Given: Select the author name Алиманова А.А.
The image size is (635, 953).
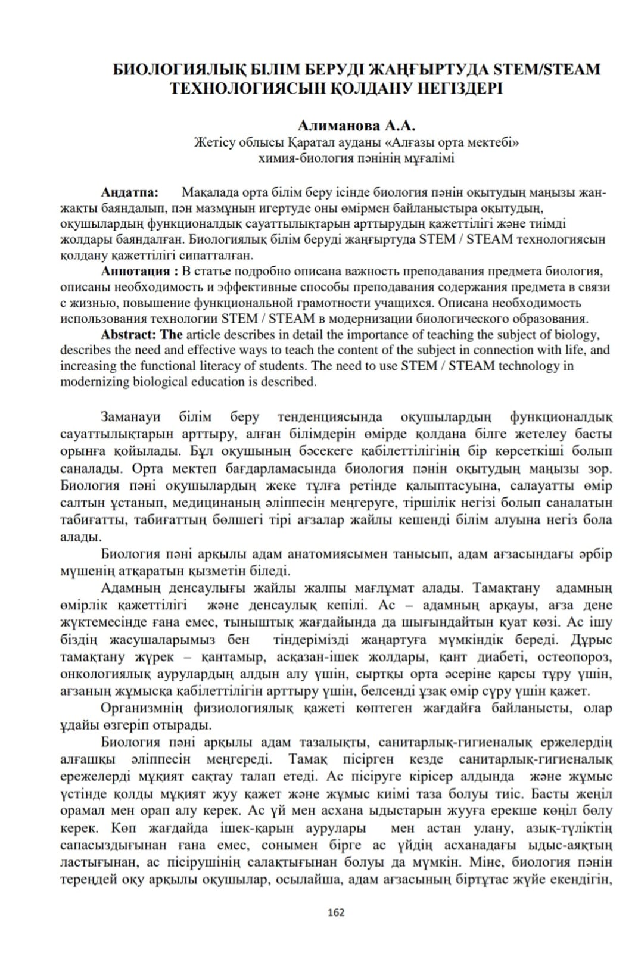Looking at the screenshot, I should [x=356, y=126].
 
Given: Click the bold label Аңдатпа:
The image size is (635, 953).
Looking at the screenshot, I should [x=129, y=192].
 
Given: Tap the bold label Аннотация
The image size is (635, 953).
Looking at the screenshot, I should [x=136, y=272].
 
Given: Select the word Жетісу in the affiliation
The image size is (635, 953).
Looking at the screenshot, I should [x=214, y=142].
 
